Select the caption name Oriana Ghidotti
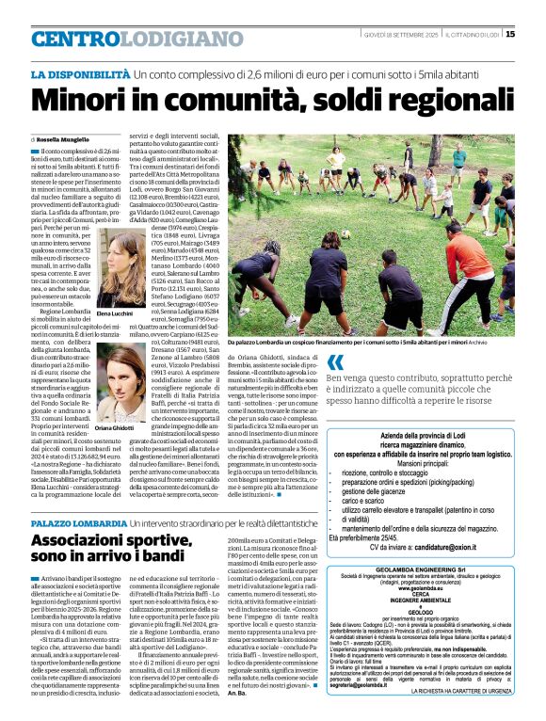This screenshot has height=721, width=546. point(115,428)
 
